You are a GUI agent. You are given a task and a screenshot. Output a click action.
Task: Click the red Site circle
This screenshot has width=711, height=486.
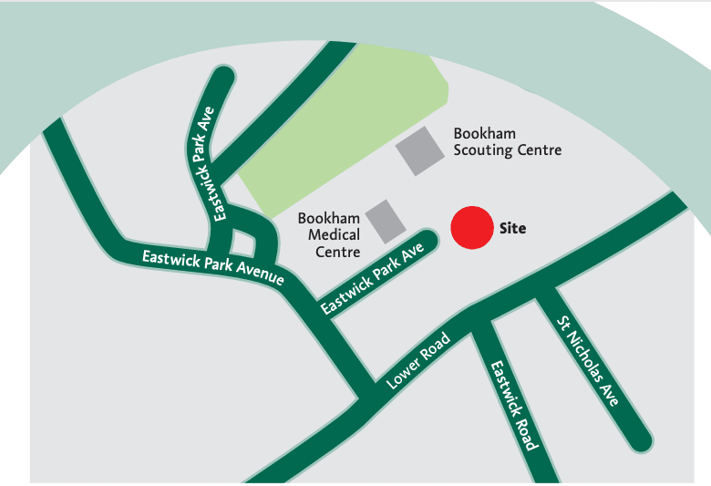(472, 228)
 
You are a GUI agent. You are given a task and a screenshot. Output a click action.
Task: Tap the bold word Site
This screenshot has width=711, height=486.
(512, 229)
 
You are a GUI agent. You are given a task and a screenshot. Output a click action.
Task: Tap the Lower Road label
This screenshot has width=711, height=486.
(418, 362)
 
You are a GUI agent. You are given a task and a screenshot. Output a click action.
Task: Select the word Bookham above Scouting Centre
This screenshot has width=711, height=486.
(484, 133)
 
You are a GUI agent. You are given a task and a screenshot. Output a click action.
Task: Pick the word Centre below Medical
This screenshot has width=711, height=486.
(337, 252)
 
